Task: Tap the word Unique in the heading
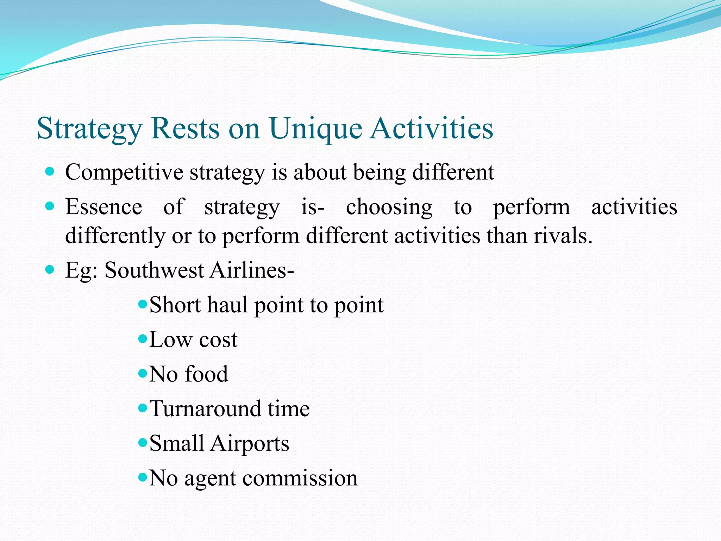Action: [x=316, y=129]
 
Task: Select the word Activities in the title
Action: [x=432, y=128]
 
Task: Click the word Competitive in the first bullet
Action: [x=124, y=173]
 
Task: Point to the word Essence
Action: [x=104, y=207]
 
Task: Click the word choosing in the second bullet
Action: [x=389, y=207]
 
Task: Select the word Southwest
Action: [x=154, y=270]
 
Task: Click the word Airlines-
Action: [x=252, y=270]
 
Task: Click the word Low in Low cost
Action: [x=171, y=340]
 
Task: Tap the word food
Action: [x=206, y=374]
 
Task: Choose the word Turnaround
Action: [x=204, y=409]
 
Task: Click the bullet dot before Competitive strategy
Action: [x=50, y=172]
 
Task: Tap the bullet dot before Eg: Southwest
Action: [x=50, y=270]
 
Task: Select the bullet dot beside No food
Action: [x=143, y=373]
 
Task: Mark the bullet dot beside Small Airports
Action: [x=143, y=442]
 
